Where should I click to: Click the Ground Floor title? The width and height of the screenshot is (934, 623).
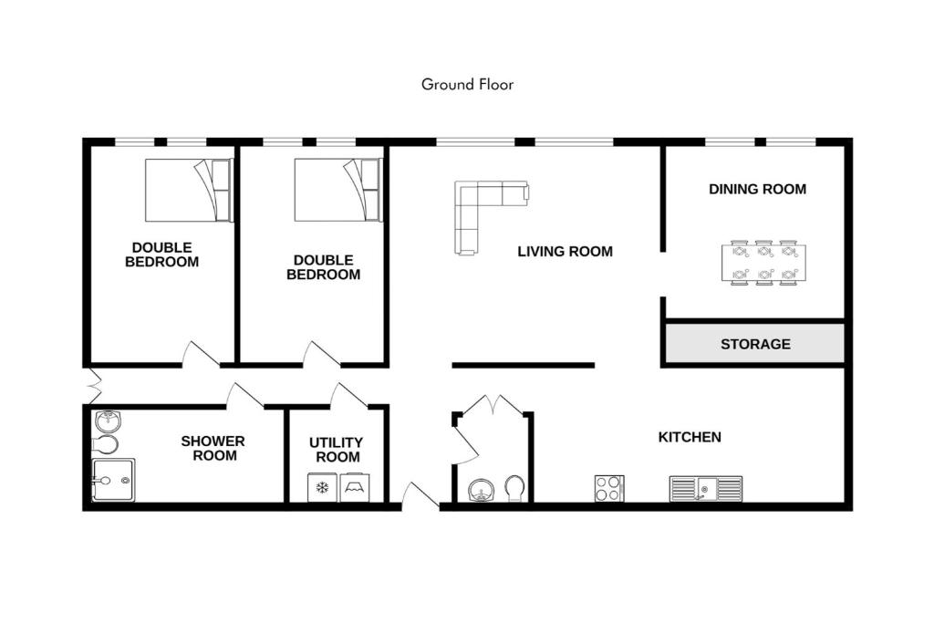pyautogui.click(x=467, y=85)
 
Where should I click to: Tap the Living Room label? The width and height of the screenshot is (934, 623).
pyautogui.click(x=565, y=252)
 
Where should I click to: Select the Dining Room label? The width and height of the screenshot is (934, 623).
pyautogui.click(x=757, y=189)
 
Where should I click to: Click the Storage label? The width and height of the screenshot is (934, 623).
pyautogui.click(x=755, y=344)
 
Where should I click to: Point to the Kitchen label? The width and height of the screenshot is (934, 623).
pyautogui.click(x=690, y=437)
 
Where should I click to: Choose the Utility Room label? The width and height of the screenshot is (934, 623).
pyautogui.click(x=337, y=450)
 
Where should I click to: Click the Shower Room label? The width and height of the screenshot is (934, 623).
pyautogui.click(x=213, y=449)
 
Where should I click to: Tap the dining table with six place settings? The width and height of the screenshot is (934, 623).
pyautogui.click(x=764, y=263)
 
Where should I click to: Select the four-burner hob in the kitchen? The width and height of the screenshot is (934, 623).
pyautogui.click(x=609, y=488)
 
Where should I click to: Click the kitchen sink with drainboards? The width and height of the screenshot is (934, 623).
pyautogui.click(x=706, y=488)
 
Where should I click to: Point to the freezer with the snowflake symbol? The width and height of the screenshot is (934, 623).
pyautogui.click(x=322, y=488)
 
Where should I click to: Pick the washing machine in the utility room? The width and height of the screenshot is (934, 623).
pyautogui.click(x=355, y=488)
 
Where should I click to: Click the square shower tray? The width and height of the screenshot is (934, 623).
pyautogui.click(x=113, y=480)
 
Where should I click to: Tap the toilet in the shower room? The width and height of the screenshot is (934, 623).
pyautogui.click(x=106, y=444)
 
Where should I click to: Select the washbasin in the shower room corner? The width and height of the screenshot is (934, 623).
pyautogui.click(x=108, y=421)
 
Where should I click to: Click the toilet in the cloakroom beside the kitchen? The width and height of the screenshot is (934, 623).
pyautogui.click(x=514, y=488)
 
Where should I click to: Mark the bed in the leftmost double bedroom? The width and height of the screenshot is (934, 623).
pyautogui.click(x=189, y=190)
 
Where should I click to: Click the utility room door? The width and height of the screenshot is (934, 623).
pyautogui.click(x=349, y=395)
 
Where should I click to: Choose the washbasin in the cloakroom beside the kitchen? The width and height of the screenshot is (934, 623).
pyautogui.click(x=482, y=491)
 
